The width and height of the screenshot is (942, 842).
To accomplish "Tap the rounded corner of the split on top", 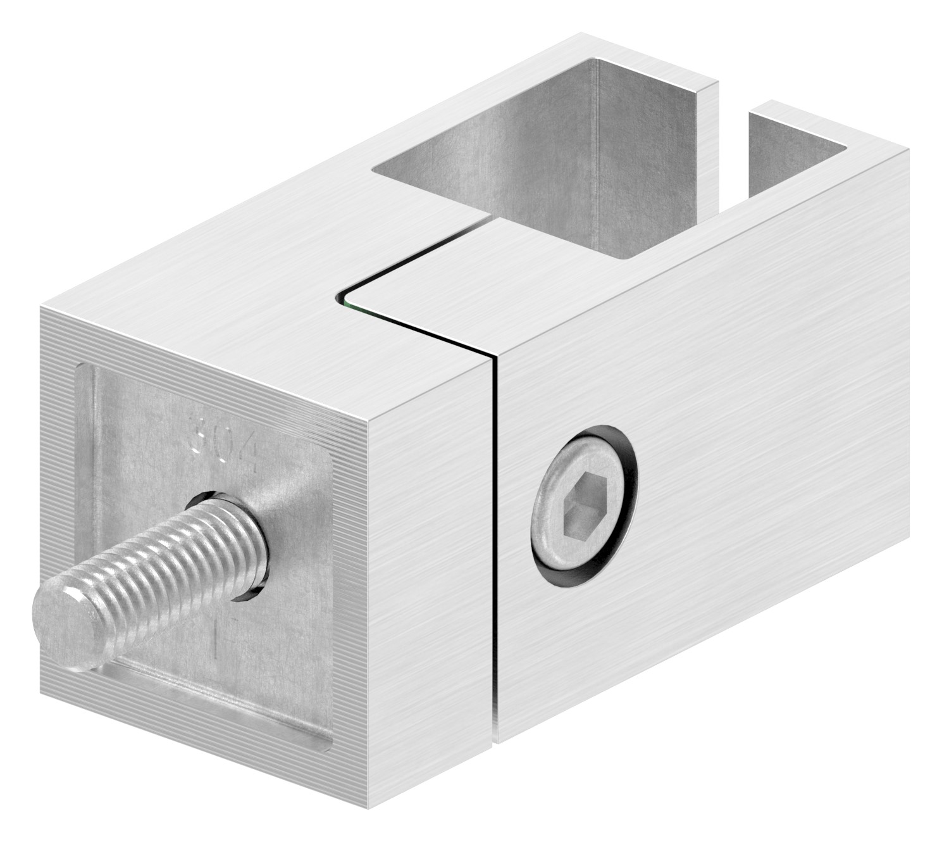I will [x=345, y=292].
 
